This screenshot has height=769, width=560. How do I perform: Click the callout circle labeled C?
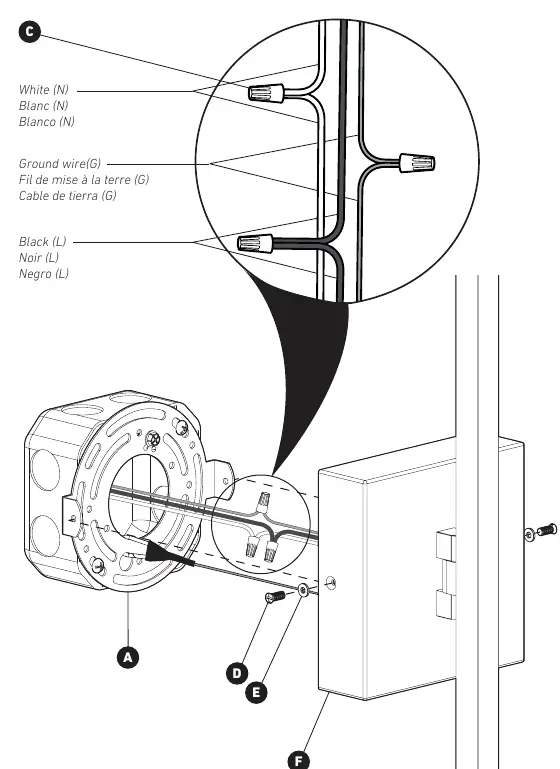pos(29,32)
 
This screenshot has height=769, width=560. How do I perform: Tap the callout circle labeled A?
pos(128,657)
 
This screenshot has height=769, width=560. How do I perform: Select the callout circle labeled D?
pos(237,673)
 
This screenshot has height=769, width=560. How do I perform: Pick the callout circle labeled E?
pos(256,692)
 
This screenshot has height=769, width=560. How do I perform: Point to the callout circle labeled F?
pos(299,761)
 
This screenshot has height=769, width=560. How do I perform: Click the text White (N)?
pos(44,90)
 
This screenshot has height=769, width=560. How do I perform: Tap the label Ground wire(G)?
pos(60,163)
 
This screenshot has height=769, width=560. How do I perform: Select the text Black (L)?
pos(42,242)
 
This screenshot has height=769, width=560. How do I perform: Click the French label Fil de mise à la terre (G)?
pos(84,179)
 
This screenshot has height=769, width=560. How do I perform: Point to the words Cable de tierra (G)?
pos(68,196)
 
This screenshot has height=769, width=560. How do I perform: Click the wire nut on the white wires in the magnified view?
pos(266,93)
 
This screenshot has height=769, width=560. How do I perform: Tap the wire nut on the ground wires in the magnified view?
pos(417,163)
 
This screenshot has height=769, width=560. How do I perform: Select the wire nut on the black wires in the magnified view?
pos(255,243)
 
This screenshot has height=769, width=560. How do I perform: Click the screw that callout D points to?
pos(275,597)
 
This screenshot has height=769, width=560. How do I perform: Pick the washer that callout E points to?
pos(303,590)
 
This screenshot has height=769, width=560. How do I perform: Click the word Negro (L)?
pos(44,274)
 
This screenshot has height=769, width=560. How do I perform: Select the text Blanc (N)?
pos(43,105)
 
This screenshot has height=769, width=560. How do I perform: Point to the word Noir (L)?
pos(39,257)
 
